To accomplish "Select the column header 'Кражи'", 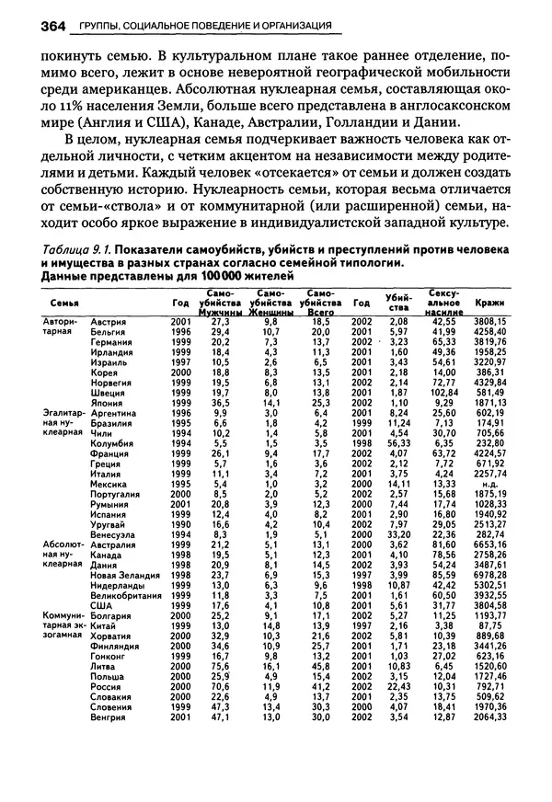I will [489, 302].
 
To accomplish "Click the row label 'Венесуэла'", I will [116, 533].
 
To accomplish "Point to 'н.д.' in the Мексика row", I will [490, 483].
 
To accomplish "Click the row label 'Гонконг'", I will [109, 653].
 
